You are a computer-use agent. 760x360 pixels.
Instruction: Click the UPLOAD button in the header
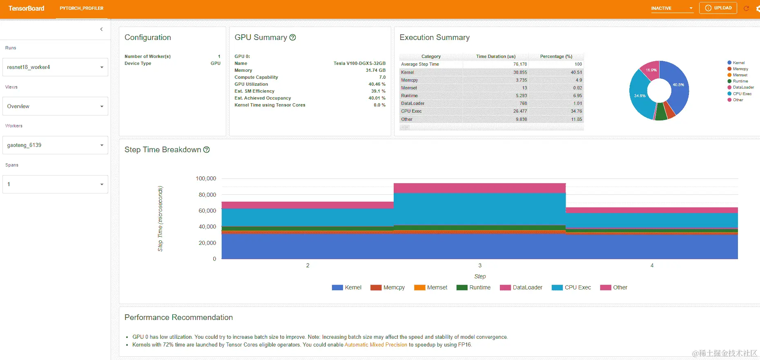pos(718,8)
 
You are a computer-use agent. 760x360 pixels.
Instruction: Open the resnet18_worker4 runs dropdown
pos(55,67)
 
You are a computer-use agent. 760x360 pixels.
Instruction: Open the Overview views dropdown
pos(55,106)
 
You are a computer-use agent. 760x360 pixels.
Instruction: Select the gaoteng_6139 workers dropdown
pos(55,145)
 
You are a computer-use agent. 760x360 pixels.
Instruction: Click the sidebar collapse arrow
pos(101,29)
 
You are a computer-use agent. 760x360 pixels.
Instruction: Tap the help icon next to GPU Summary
pos(292,38)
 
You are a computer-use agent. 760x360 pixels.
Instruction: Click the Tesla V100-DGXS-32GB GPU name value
pos(359,63)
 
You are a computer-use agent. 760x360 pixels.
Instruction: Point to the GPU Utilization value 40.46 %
pos(377,84)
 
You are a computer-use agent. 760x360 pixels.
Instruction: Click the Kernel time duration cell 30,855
pos(520,72)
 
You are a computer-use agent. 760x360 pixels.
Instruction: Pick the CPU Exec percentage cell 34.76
pos(576,111)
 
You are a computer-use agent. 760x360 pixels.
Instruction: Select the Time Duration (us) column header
pos(496,56)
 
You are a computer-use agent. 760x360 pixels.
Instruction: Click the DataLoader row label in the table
pos(412,103)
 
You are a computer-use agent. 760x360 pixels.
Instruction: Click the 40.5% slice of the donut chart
pos(678,85)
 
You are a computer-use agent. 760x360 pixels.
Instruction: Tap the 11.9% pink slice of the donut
pos(651,70)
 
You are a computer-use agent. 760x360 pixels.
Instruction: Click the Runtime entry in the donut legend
pos(740,81)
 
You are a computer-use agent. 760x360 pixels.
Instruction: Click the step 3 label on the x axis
pos(480,265)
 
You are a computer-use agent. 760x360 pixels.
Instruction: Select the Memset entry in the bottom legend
pos(437,287)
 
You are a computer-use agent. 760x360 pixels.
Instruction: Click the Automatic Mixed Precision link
pos(376,345)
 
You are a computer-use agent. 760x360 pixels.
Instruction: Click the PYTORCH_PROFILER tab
pos(81,8)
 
